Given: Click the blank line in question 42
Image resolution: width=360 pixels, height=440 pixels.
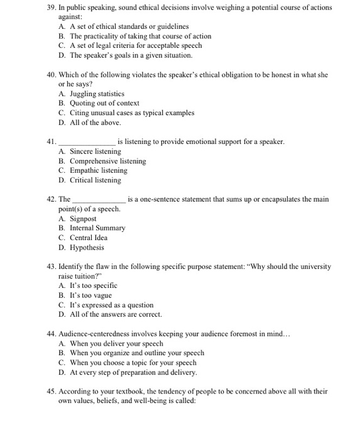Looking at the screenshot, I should tap(99, 200).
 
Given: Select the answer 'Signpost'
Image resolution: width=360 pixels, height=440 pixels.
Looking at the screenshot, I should tap(83, 219).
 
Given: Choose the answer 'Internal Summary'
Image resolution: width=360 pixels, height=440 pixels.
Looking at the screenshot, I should tap(97, 228).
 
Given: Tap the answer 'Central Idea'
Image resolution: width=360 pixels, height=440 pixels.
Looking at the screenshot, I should tap(89, 238).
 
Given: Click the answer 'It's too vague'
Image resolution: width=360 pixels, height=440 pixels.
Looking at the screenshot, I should tap(90, 295).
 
